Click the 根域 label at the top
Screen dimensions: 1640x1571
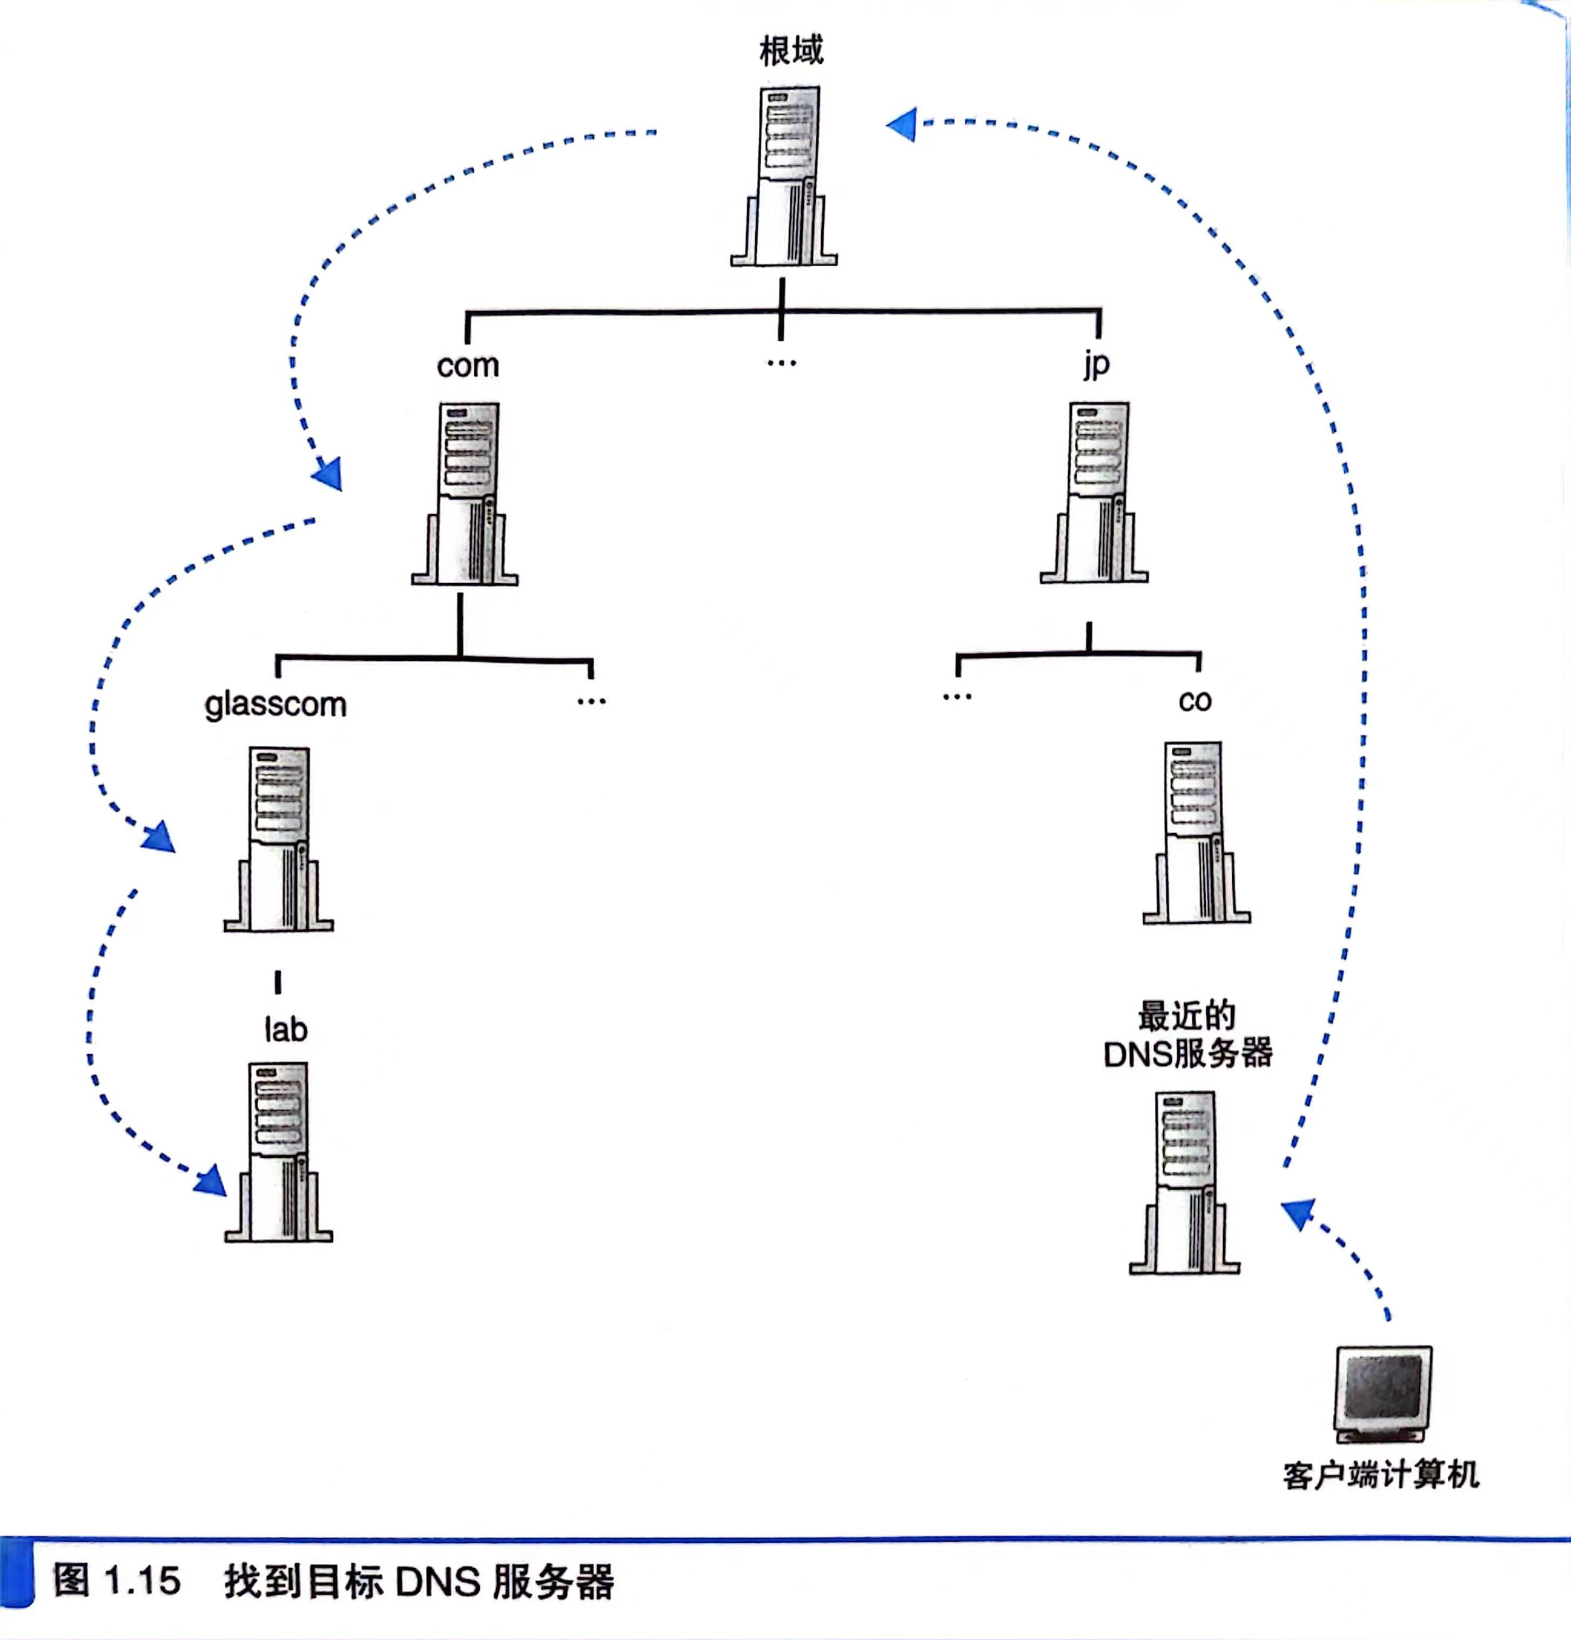pyautogui.click(x=791, y=50)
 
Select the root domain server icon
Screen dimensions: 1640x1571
pyautogui.click(x=784, y=177)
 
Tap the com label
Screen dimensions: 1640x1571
pyautogui.click(x=467, y=366)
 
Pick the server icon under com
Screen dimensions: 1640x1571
pyautogui.click(x=465, y=494)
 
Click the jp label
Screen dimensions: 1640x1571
pyautogui.click(x=1097, y=364)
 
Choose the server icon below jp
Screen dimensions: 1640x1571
pyautogui.click(x=1095, y=493)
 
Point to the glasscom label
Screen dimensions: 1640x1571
pyautogui.click(x=276, y=705)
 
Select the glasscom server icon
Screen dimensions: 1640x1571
pyautogui.click(x=279, y=839)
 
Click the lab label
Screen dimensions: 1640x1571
pyautogui.click(x=285, y=1030)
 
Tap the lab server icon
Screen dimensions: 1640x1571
pyautogui.click(x=279, y=1153)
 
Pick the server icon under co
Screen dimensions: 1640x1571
pyautogui.click(x=1196, y=833)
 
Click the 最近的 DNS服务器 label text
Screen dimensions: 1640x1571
pyautogui.click(x=1187, y=1036)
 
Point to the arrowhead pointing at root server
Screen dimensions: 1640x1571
pyautogui.click(x=902, y=125)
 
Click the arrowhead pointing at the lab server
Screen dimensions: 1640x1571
pyautogui.click(x=211, y=1182)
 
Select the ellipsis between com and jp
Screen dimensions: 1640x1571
pyautogui.click(x=781, y=363)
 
